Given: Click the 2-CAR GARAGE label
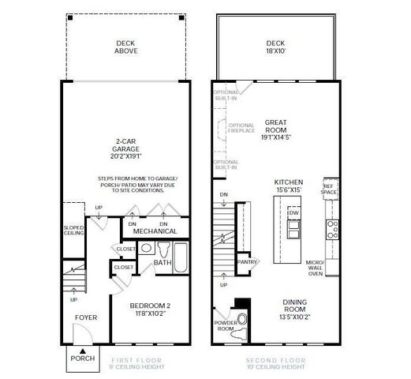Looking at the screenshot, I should coord(127,151).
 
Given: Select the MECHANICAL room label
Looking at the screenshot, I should coord(155,231).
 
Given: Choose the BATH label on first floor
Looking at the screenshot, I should coord(163,262).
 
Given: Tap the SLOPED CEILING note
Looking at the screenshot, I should coord(73,231).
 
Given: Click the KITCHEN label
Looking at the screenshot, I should coord(288,185).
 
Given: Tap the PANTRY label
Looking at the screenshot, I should coord(248,261).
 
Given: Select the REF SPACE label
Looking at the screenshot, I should coord(329,189).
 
